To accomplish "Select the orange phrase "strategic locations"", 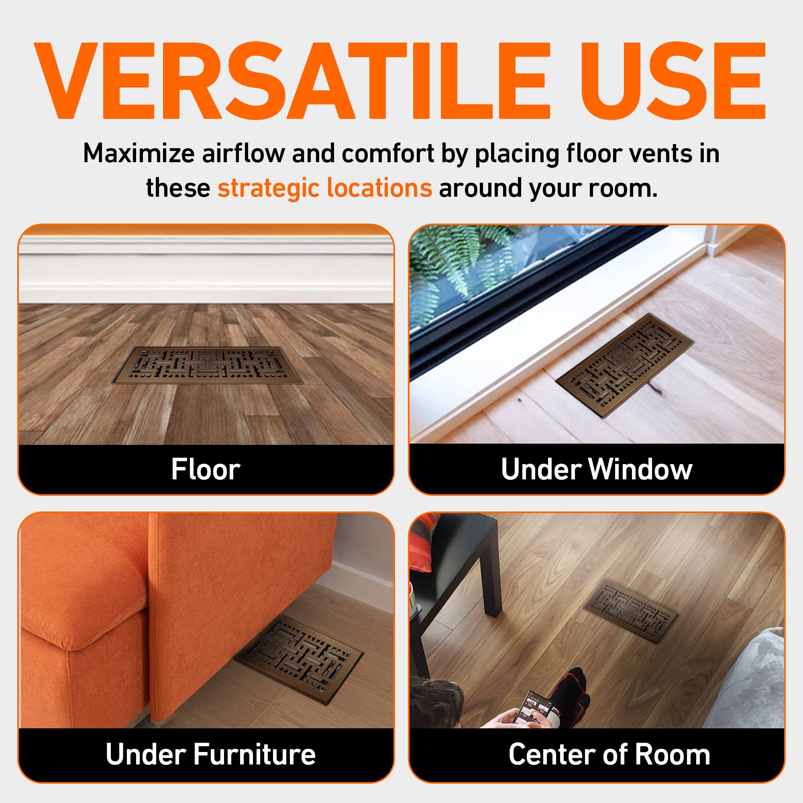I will (324, 188).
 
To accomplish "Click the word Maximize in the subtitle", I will (139, 153).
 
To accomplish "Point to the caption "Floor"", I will (206, 470).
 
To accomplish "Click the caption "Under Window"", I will (597, 470).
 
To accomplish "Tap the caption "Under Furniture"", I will (211, 754).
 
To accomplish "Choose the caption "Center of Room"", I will (609, 754).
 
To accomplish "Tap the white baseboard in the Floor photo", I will (206, 270).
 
